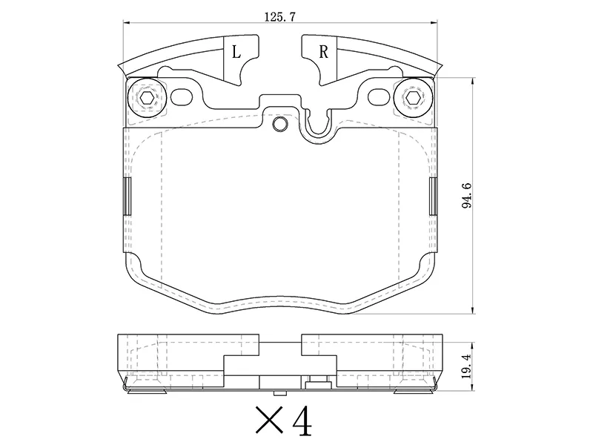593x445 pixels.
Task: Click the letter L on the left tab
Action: click(236, 52)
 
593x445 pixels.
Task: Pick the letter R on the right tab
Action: click(323, 52)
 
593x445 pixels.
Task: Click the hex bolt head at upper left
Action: click(146, 97)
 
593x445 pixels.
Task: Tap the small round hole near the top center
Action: click(279, 124)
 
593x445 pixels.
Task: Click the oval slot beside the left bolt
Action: click(182, 97)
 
